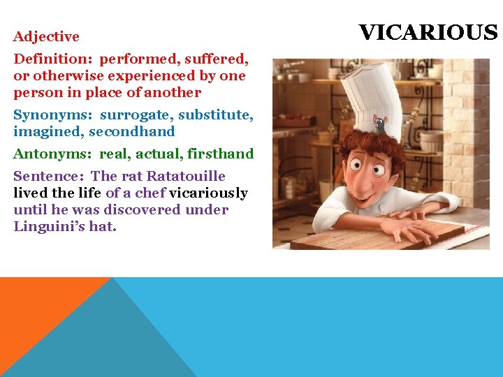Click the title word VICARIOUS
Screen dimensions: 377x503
[428, 33]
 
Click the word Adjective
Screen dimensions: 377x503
[46, 36]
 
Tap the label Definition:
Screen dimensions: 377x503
[53, 59]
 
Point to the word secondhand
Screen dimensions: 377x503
[132, 131]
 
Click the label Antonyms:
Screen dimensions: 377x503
[53, 154]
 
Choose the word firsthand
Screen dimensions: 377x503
[220, 154]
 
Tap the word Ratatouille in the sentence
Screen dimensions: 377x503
[186, 176]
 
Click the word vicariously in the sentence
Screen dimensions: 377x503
[208, 193]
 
